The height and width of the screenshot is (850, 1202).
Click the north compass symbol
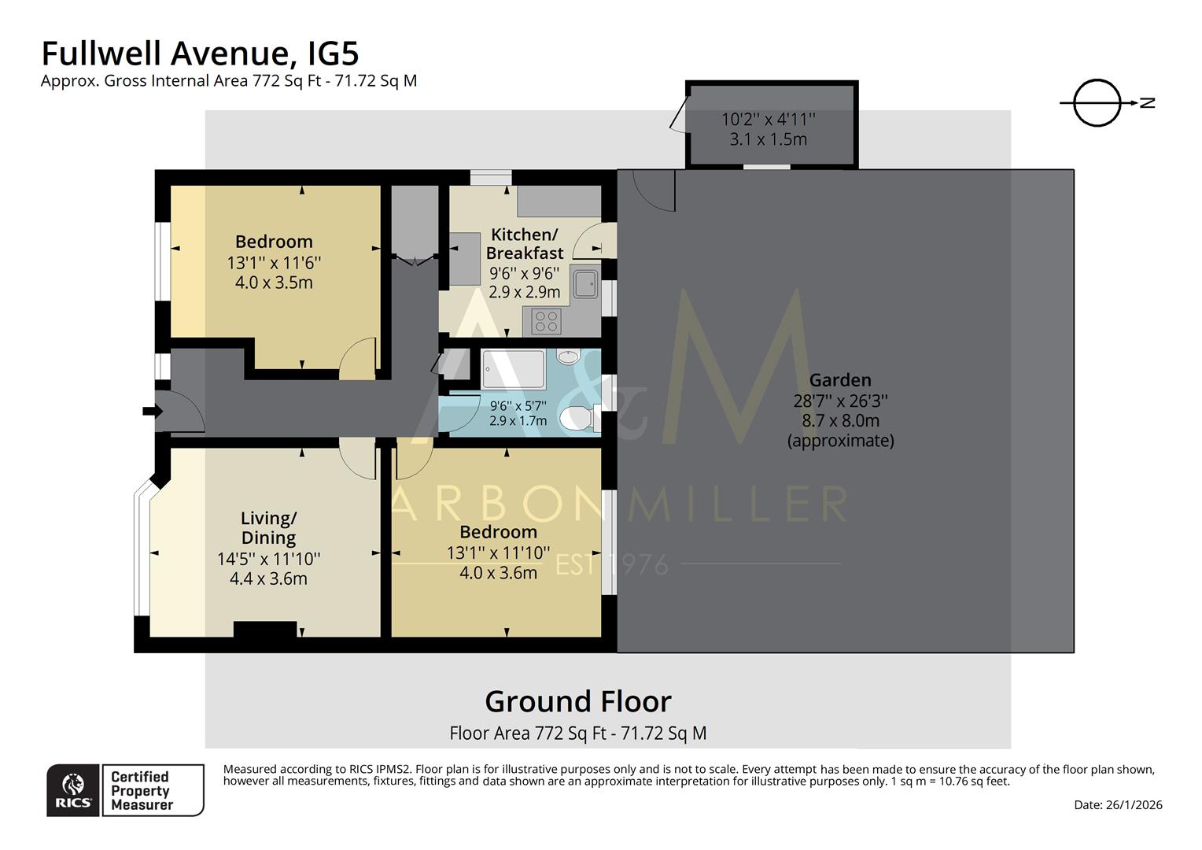click(x=1097, y=103)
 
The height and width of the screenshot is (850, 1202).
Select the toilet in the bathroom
click(x=578, y=417)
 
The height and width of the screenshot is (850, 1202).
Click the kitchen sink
click(x=584, y=283)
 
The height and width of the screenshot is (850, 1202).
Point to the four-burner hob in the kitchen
click(x=546, y=321)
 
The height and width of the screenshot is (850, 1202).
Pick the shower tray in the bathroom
click(x=513, y=370)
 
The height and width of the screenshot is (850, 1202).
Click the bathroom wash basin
click(x=567, y=357)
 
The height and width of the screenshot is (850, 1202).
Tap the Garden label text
click(x=840, y=380)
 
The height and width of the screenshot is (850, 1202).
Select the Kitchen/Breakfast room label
click(x=524, y=244)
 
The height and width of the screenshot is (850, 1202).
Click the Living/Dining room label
click(x=268, y=528)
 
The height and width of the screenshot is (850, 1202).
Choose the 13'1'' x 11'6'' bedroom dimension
click(x=274, y=263)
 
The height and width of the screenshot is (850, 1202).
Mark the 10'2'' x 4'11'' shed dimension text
click(x=769, y=120)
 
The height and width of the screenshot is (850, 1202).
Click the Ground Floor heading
click(x=577, y=701)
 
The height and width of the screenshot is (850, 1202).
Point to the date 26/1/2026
click(x=1118, y=804)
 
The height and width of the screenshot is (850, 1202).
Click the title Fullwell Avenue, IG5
click(x=200, y=54)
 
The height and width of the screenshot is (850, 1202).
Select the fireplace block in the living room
click(x=265, y=630)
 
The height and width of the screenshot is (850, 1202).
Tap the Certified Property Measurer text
click(x=142, y=790)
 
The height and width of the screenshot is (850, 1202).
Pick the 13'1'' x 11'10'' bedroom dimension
click(x=498, y=553)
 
